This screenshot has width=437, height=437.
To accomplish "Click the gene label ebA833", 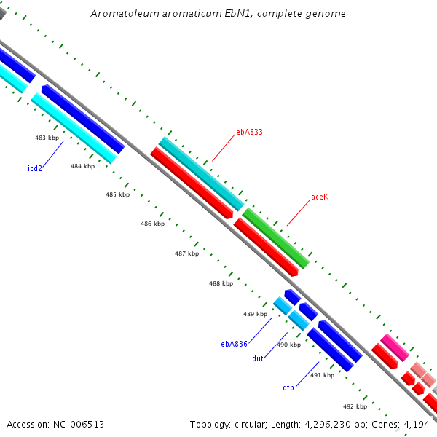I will point(249,133).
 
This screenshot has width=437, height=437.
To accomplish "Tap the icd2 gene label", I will point(35,168).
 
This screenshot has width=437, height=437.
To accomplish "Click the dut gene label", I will point(258,358).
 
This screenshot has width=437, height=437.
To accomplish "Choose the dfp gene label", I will point(288,387).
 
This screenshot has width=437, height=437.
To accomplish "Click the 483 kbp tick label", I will point(47,138).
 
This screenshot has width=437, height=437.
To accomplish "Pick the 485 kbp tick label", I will point(117,194).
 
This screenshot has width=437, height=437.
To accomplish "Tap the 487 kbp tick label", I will point(186,253).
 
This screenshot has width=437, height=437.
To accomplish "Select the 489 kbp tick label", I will point(255,314).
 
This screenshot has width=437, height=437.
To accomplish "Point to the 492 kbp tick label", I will point(355,406).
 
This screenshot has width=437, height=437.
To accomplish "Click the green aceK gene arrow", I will point(276,237).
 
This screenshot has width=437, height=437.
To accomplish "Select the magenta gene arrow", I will point(395,347).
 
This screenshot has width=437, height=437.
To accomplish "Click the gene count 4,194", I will point(416,424).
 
